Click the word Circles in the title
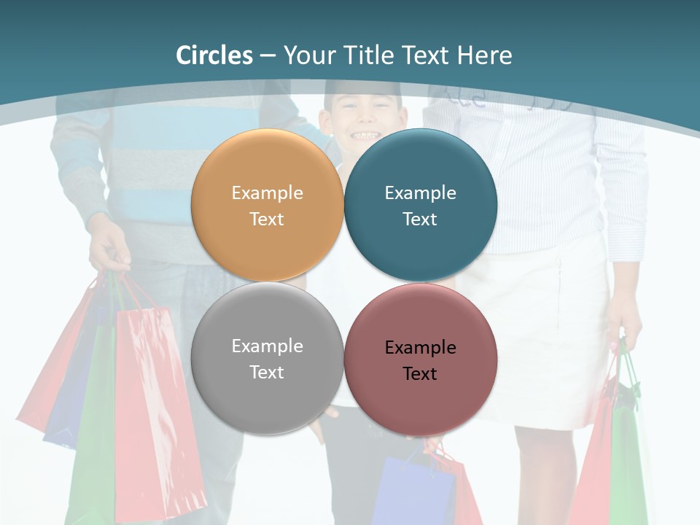[x=214, y=55]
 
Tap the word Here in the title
[x=484, y=55]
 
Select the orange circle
[x=267, y=164]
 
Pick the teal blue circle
[x=421, y=164]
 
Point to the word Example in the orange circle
[x=267, y=192]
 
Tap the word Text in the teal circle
[x=420, y=219]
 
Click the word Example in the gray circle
[x=267, y=346]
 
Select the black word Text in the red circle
[x=420, y=373]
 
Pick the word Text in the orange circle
[x=267, y=219]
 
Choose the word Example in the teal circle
[x=420, y=192]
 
